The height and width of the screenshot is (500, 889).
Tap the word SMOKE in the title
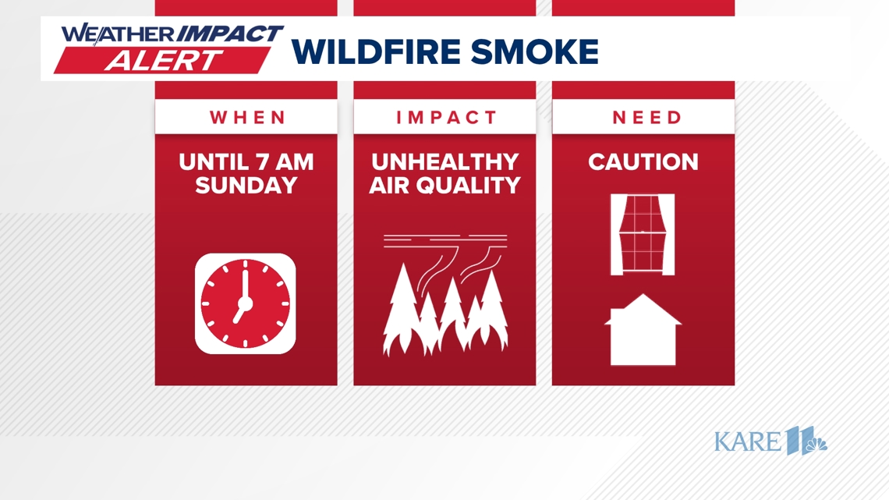542,52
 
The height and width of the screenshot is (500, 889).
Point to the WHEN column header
248,118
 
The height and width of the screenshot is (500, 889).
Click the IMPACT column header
446,118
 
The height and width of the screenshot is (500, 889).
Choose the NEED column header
646,118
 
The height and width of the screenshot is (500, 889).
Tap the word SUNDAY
246,186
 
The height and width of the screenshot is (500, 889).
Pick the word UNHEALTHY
444,162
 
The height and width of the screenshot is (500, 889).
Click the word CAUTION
643,162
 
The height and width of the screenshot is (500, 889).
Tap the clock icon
246,303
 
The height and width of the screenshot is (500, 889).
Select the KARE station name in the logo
747,441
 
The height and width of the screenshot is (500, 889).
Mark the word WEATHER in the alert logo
119,34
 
